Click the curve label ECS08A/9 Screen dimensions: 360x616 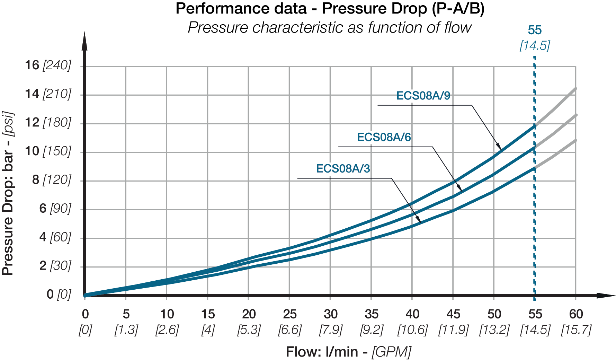coord(423,96)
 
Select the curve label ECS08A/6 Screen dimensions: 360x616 coord(384,137)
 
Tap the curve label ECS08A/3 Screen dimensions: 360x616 coord(343,169)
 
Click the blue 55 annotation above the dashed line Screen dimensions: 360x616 coord(535,30)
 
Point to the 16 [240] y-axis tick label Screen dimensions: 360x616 coord(48,65)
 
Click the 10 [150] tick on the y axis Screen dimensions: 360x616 coord(48,151)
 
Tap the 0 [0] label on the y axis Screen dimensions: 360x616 coord(59,295)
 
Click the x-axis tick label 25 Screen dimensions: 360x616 coord(289,314)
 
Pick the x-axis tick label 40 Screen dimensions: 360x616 coord(412,314)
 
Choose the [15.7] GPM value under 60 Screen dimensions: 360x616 coord(576,330)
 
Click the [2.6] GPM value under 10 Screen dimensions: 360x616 coord(167,330)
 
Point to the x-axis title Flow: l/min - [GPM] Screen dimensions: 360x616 coord(348,352)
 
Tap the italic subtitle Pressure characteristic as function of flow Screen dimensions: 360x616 coord(330,28)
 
